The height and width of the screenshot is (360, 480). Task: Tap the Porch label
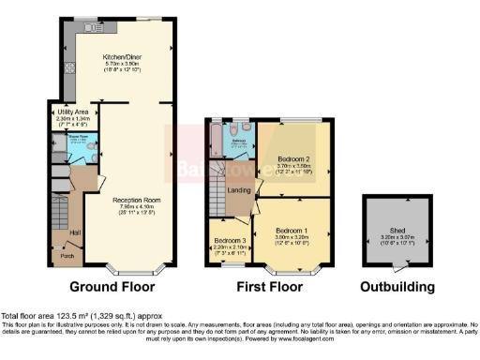67,254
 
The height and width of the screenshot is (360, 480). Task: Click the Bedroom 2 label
294,159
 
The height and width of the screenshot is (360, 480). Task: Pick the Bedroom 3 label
230,241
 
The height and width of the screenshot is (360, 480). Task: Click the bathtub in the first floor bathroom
217,142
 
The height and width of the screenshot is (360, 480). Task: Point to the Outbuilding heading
400,287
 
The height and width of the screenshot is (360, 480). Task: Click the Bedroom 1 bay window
291,271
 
